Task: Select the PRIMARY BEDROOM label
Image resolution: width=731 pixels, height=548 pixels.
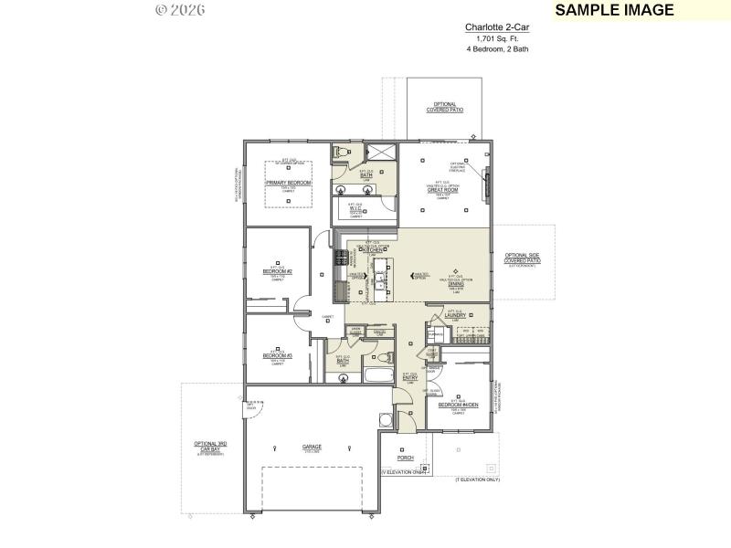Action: (x=289, y=183)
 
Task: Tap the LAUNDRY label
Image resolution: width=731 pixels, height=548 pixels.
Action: (x=456, y=316)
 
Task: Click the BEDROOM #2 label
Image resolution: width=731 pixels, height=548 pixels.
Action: (x=277, y=271)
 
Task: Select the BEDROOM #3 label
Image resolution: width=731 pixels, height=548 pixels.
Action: (x=277, y=354)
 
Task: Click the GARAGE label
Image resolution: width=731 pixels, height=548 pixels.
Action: (x=313, y=447)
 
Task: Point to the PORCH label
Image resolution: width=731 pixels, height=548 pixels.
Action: (x=405, y=458)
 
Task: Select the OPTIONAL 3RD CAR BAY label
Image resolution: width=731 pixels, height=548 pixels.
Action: (x=210, y=447)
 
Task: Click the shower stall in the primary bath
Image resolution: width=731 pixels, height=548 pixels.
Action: (x=380, y=153)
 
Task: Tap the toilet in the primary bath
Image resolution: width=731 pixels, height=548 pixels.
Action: (x=340, y=151)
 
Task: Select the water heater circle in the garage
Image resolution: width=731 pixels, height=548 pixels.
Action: (x=384, y=420)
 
